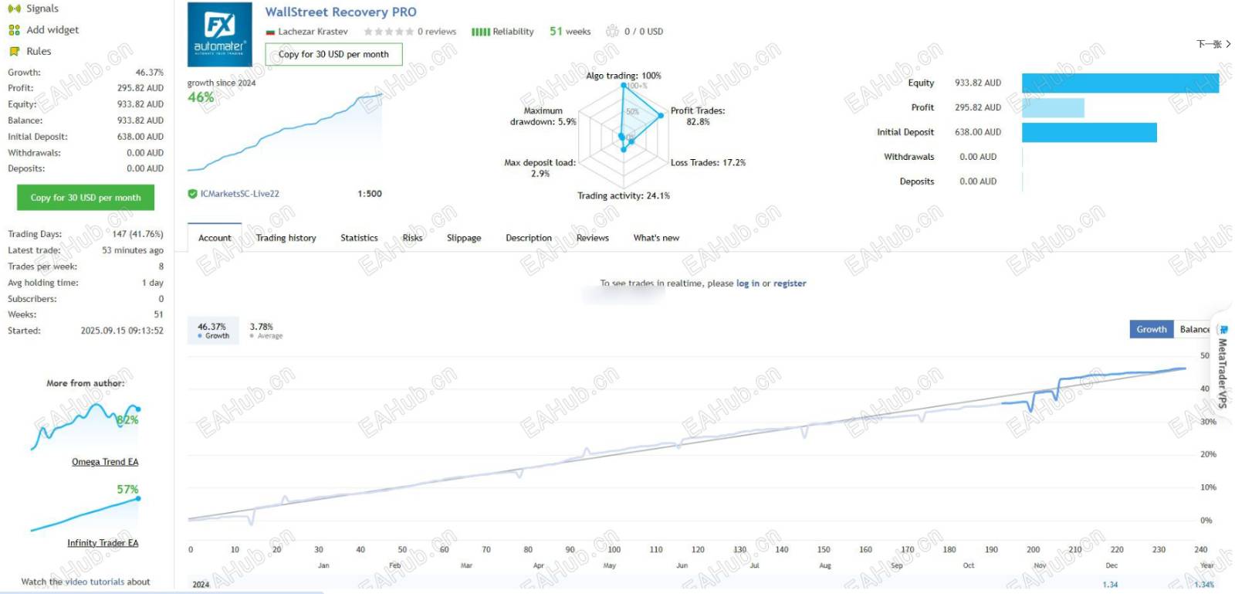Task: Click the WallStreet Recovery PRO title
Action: pos(340,12)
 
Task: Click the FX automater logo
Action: pos(220,34)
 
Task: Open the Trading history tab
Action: pos(286,238)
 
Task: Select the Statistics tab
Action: pos(359,238)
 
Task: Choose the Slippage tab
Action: pos(464,238)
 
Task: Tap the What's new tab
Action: pos(656,238)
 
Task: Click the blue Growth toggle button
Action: pos(1151,330)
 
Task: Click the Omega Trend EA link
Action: pos(105,462)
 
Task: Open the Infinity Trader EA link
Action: pos(103,543)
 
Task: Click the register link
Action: pos(790,283)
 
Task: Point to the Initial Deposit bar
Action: pos(1088,133)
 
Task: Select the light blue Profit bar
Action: pos(1053,108)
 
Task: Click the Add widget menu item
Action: pos(52,30)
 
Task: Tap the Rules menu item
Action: pos(39,52)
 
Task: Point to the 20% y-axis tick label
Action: pos(1208,454)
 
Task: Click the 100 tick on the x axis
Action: pos(614,550)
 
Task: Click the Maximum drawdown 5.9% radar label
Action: pos(543,117)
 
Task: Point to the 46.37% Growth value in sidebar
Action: pos(149,73)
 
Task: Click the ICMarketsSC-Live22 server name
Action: pos(239,194)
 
